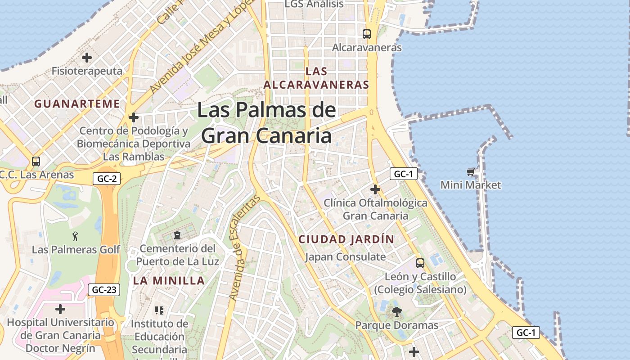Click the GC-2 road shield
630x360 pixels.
(x=107, y=179)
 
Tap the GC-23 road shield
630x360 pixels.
(x=104, y=290)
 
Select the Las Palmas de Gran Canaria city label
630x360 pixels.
(x=266, y=123)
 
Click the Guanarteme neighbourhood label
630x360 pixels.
(x=77, y=104)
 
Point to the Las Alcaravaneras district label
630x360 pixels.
(x=316, y=78)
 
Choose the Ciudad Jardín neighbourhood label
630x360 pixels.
(x=346, y=239)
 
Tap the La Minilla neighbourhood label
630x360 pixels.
(x=169, y=281)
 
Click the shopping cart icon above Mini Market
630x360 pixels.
(x=471, y=172)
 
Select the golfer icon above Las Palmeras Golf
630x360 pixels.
(x=75, y=236)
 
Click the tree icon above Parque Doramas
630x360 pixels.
(x=396, y=311)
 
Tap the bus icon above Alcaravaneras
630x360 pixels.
(x=367, y=34)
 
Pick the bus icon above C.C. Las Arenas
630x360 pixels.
(x=36, y=161)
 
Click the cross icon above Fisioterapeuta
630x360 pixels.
(x=87, y=58)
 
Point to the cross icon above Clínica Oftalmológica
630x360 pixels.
(x=375, y=189)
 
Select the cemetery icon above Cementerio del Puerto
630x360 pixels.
(x=177, y=235)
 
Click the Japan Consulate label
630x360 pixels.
(x=345, y=257)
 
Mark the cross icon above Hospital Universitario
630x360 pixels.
(x=60, y=309)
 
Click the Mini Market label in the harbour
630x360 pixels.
(x=471, y=185)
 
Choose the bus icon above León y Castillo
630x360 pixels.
(x=420, y=263)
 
